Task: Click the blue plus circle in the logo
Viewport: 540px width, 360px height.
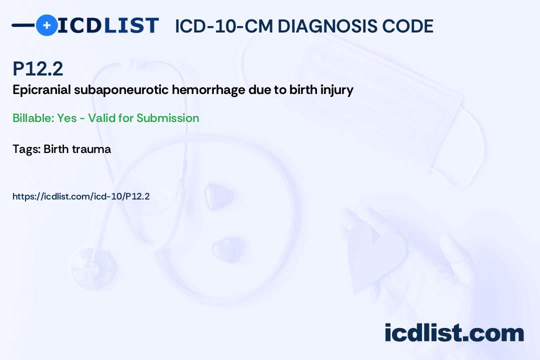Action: [x=46, y=25]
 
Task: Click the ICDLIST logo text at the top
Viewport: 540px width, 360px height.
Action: [x=107, y=25]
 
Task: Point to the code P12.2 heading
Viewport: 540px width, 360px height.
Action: [x=38, y=69]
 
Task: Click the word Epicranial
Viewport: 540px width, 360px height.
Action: [x=37, y=90]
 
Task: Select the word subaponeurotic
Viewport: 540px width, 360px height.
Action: [x=114, y=90]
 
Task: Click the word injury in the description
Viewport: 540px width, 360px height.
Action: [x=338, y=90]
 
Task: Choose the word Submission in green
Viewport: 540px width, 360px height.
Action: [x=168, y=118]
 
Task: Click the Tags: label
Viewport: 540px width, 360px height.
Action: [x=26, y=149]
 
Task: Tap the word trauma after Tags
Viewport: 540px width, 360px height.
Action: [x=91, y=149]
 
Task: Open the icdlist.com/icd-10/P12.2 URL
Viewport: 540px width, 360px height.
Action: [x=81, y=196]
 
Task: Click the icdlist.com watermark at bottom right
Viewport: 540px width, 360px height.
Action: [x=454, y=333]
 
